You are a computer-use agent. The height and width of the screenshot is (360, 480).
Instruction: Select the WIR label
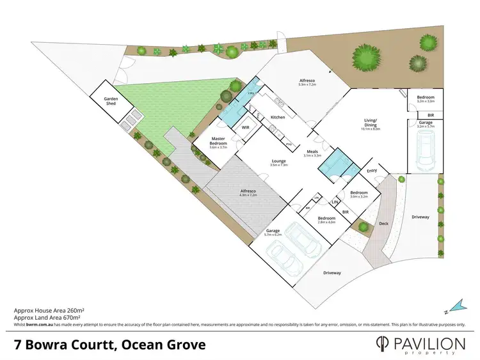245,127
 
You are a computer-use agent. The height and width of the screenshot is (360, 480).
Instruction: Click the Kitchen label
278,117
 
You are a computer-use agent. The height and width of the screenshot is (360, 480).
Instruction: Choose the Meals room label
312,152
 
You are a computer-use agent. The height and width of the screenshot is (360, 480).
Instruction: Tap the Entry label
372,171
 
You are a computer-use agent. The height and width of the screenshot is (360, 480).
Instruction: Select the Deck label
384,224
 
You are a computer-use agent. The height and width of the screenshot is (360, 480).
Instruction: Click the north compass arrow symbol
455,303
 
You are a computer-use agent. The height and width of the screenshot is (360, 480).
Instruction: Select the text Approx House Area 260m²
50,310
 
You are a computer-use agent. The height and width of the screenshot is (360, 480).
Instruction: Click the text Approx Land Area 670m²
47,317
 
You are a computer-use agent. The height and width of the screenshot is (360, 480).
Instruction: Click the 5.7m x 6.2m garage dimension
273,235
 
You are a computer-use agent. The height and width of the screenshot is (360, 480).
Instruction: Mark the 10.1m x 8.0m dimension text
371,129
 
